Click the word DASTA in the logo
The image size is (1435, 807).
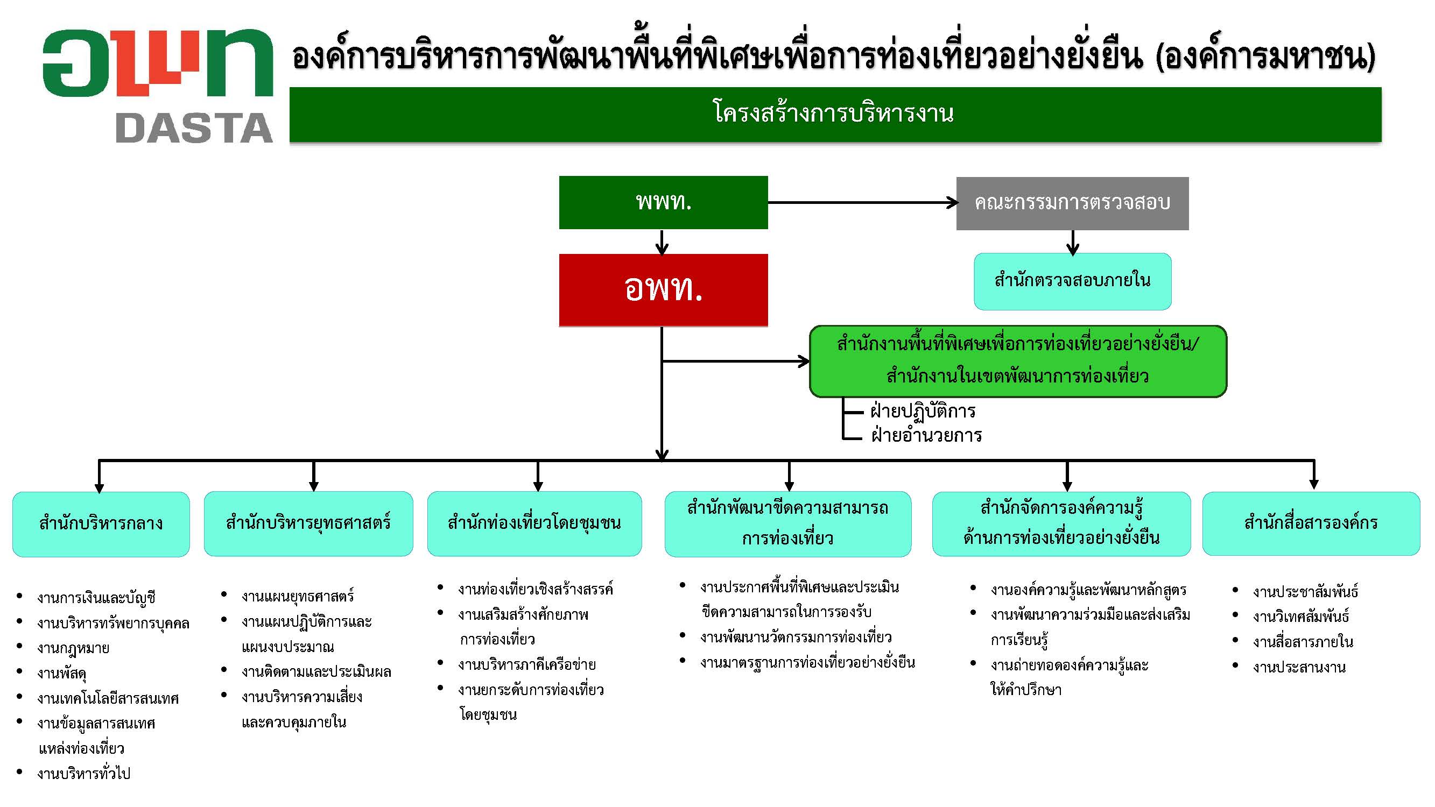[x=194, y=128]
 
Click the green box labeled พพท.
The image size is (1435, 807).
[x=664, y=202]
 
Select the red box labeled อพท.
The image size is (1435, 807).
[x=664, y=289]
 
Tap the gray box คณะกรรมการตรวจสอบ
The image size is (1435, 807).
[x=1072, y=203]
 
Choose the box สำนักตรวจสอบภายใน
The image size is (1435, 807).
[x=1072, y=281]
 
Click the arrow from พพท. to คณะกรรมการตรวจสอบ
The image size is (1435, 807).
[x=862, y=203]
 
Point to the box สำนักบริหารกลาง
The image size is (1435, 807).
[x=101, y=524]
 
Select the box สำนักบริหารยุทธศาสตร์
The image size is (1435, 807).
[x=308, y=523]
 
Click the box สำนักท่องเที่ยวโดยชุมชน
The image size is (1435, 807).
[x=534, y=523]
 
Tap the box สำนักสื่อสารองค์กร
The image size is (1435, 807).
[x=1311, y=523]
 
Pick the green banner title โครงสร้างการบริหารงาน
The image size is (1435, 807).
[x=833, y=114]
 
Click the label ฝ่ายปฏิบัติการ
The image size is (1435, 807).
[x=923, y=412]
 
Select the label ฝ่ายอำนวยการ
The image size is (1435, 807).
[x=926, y=435]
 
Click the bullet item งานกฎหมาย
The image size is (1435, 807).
[x=73, y=648]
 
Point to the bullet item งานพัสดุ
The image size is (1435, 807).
[x=62, y=674]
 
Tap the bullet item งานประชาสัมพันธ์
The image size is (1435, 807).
[x=1305, y=591]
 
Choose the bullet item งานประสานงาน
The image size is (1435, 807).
[x=1299, y=667]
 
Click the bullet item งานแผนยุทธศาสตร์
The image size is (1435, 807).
[x=298, y=596]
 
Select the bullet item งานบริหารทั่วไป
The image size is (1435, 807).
[x=83, y=774]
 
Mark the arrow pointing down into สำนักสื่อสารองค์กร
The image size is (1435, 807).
[x=1314, y=475]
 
